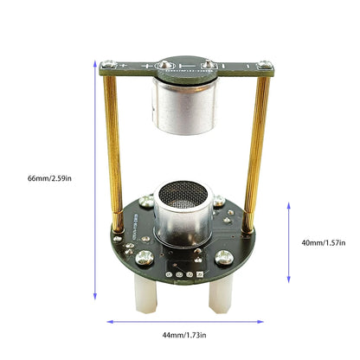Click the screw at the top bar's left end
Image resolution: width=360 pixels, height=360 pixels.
pos(106,65)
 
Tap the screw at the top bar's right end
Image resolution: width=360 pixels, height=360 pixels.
pos(260,64)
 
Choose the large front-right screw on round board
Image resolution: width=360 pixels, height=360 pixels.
pos(224,256)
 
